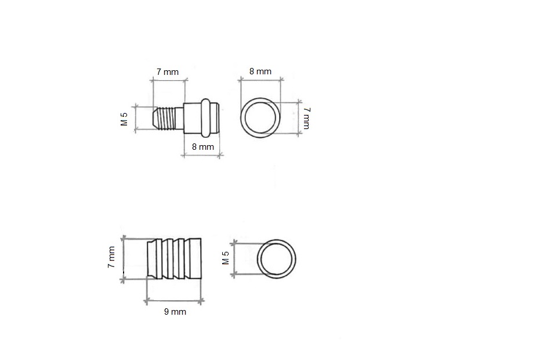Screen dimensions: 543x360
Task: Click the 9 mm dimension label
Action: (175, 312)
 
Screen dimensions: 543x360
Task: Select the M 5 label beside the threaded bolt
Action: (124, 119)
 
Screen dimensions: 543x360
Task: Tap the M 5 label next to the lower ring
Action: (226, 258)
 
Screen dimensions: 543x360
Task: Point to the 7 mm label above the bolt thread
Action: (168, 72)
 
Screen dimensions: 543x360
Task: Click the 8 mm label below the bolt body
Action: (203, 147)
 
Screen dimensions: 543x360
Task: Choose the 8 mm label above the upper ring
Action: (260, 71)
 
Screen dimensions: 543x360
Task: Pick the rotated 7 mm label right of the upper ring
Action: (307, 118)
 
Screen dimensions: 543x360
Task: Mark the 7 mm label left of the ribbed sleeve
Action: (111, 257)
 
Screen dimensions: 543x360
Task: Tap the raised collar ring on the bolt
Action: (206, 117)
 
